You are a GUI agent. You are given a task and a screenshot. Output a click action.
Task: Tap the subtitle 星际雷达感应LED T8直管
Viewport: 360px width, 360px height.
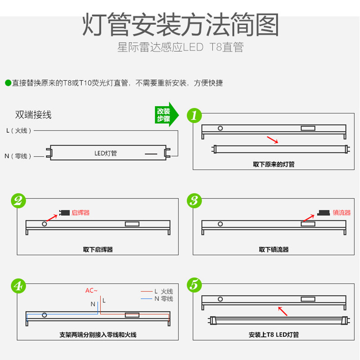tap(180, 47)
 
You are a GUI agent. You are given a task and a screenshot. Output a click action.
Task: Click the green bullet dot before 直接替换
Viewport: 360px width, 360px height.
tap(8, 83)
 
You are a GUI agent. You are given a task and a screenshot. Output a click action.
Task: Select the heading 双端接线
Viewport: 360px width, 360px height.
tap(33, 115)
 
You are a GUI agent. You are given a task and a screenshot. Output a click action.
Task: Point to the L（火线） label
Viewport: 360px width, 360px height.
tap(19, 131)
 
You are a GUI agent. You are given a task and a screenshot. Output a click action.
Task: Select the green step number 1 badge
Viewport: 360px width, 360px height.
tap(194, 115)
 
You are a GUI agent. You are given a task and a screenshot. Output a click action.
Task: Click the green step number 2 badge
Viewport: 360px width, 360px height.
tap(18, 201)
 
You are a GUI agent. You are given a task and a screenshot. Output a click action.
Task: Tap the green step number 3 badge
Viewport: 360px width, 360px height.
tap(194, 201)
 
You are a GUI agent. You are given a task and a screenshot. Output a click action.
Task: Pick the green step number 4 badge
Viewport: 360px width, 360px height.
tap(18, 285)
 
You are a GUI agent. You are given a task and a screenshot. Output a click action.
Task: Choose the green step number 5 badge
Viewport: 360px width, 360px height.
tap(194, 285)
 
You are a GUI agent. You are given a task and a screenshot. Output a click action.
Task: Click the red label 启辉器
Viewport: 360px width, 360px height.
tap(81, 212)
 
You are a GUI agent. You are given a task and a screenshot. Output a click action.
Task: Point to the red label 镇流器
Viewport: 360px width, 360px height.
tap(342, 212)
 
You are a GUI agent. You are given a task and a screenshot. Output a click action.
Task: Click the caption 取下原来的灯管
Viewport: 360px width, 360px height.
tap(274, 164)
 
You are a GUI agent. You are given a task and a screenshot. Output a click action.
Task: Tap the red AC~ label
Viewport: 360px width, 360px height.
tap(91, 290)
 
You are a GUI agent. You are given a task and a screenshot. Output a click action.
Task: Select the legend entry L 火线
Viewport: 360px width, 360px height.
tap(163, 292)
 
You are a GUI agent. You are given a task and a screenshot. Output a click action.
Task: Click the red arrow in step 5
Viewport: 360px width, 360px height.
tap(282, 311)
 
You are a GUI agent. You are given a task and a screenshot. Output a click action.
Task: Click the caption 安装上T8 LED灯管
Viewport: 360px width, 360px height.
tap(274, 334)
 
